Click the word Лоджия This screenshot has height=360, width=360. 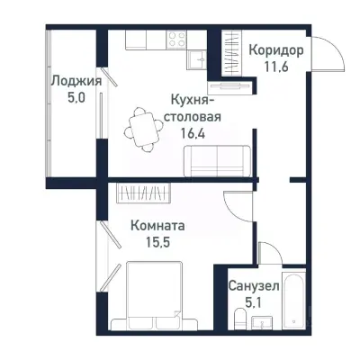75,80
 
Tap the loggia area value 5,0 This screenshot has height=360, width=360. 75,97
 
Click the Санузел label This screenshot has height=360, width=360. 254,285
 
